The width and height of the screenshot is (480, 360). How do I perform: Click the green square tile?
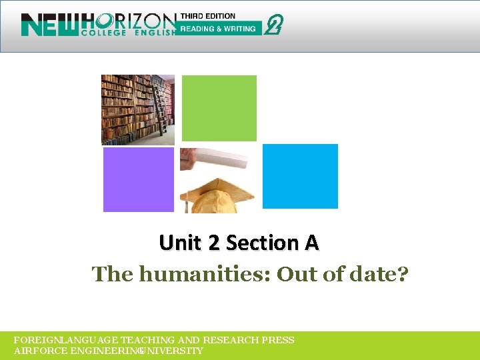tap(219, 108)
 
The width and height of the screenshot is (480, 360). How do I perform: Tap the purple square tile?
tap(138, 179)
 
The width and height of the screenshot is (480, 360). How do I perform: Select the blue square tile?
tap(300, 176)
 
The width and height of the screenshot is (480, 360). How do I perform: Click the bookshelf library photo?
tap(137, 109)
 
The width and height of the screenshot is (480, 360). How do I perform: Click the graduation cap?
tap(217, 194)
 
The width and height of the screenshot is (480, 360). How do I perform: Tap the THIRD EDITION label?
tap(208, 17)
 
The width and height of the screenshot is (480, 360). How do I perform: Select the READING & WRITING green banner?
tap(219, 29)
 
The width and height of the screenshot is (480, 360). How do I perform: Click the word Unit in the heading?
tap(179, 243)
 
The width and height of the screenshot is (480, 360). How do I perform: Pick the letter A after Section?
tap(311, 243)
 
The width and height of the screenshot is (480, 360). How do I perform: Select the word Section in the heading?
tap(262, 243)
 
